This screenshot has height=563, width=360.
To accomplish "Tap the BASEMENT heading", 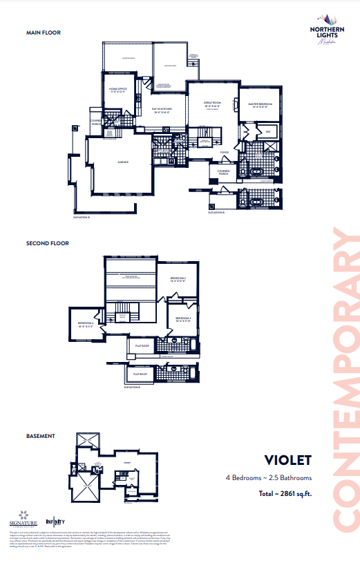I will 40,436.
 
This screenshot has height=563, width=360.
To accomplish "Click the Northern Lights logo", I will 319,32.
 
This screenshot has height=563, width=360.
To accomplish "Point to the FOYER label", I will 224,151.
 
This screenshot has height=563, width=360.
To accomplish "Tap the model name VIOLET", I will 288,460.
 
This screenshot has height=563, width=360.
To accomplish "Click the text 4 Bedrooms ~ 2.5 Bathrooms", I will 268,477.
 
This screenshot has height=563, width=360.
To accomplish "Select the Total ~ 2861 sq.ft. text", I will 285,493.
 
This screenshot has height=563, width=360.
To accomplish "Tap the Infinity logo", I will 55,521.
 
